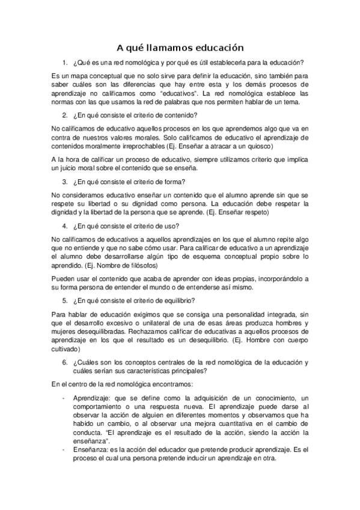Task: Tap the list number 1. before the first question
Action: point(65,63)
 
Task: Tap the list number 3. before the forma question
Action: point(65,182)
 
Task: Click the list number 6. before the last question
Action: point(65,362)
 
